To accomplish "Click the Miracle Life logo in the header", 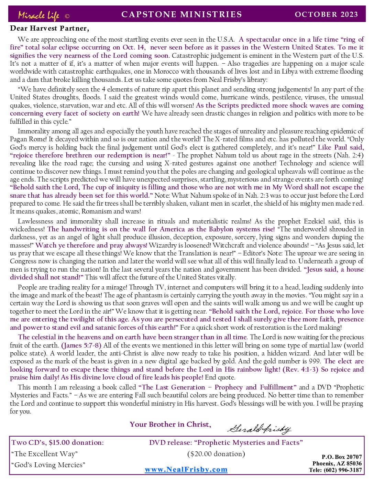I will point(39,15).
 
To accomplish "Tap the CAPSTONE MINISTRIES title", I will point(181,14).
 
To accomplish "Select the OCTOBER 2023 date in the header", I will point(326,14).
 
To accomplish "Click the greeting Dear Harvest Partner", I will point(49,28).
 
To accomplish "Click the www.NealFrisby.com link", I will point(186,470).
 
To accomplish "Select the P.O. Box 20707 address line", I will point(342,457).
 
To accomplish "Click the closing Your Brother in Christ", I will point(170,425).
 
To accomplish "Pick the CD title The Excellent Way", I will point(44,454).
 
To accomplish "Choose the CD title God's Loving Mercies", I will point(48,465).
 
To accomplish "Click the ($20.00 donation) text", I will point(216,454).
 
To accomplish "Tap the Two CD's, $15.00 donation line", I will point(57,442).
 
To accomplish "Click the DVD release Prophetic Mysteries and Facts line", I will point(226,442).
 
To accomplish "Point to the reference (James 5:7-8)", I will point(81,345).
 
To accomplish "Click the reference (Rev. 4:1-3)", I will point(300,370).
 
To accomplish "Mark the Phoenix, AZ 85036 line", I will point(337,463).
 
